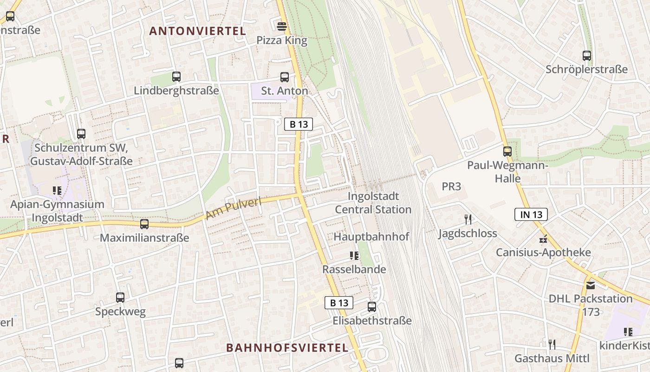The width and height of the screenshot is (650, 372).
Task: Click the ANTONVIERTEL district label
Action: click(197, 31)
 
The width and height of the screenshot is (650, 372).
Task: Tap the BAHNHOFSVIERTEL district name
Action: click(287, 348)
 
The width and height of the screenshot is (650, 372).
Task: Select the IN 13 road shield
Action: click(531, 214)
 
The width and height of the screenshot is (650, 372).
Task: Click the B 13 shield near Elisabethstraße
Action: click(338, 303)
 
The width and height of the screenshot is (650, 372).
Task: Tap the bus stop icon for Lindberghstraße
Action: click(176, 77)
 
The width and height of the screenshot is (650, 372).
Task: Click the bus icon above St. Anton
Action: click(284, 77)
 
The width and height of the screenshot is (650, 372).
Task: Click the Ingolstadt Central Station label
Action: click(373, 203)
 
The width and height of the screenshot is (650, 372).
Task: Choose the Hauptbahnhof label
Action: click(371, 237)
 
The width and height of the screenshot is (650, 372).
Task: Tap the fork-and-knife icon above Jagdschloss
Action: click(468, 219)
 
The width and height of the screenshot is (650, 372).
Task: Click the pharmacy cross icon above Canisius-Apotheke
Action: click(543, 239)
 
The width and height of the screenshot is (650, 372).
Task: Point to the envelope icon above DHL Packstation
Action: click(591, 285)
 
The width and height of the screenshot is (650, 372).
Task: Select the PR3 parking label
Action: click(451, 186)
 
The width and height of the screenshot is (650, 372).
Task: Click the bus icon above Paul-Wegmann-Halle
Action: click(507, 151)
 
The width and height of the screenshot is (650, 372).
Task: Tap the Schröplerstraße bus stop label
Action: click(586, 70)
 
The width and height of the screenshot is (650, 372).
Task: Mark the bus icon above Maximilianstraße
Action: click(144, 224)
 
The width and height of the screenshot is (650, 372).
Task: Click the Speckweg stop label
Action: click(120, 312)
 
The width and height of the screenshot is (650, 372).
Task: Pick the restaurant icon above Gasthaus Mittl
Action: click(552, 345)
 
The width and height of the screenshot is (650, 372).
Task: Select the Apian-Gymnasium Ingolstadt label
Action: click(58, 211)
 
